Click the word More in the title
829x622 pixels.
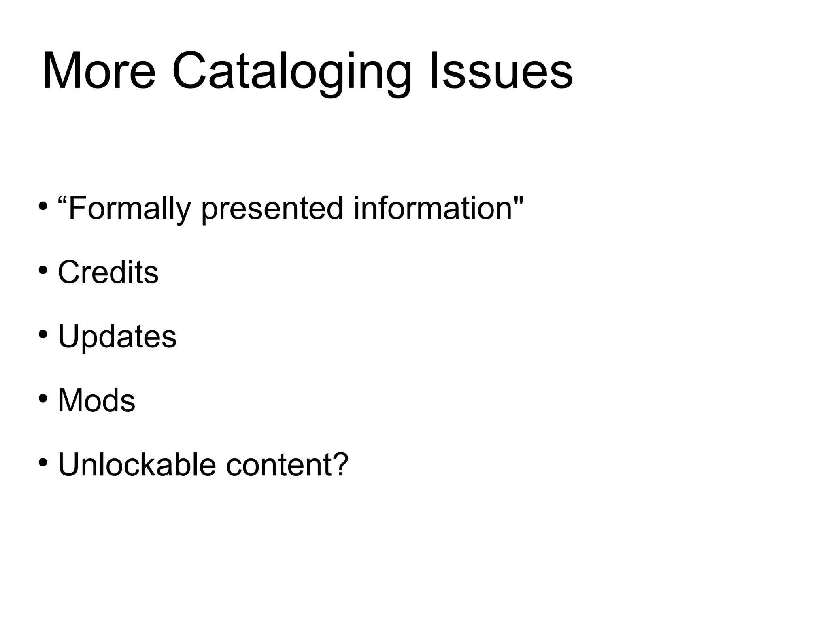tap(99, 71)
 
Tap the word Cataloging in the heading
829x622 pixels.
tap(291, 73)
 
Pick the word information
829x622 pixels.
tap(433, 208)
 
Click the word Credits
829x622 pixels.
tap(108, 272)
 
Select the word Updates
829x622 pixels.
tap(117, 337)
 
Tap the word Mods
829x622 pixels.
tap(96, 401)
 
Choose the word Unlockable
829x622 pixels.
tap(137, 465)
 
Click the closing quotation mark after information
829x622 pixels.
tap(519, 200)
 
